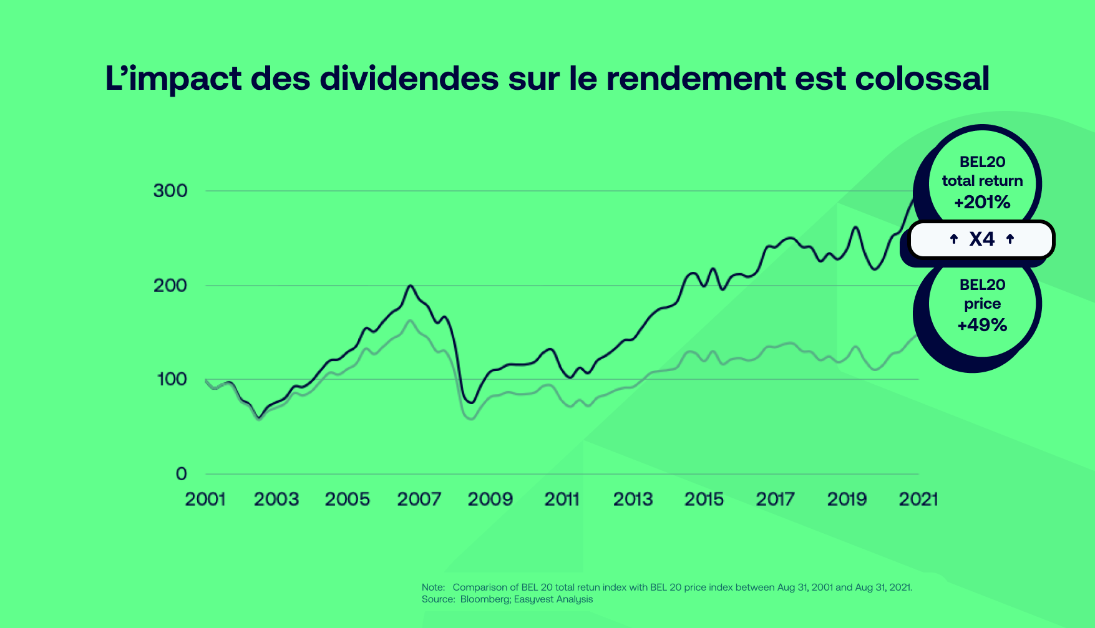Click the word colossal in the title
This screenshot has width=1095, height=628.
pos(922,79)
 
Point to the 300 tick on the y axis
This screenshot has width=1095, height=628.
pos(170,191)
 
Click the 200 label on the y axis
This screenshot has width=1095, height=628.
pos(170,286)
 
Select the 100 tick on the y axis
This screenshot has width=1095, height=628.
pos(172,379)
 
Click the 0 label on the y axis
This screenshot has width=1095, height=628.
pos(182,474)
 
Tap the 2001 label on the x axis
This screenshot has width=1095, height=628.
pos(205,499)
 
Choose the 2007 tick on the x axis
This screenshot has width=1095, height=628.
pos(419,499)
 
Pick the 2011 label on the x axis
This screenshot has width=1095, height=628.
pos(562,499)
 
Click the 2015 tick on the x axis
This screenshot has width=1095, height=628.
pos(704,499)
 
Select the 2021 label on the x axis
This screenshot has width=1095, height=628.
pos(918,499)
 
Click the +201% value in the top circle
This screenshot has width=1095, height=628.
pos(982,202)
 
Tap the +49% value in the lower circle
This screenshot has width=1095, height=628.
pos(982,325)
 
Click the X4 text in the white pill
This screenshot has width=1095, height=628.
pos(982,239)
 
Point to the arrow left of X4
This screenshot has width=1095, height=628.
pos(953,239)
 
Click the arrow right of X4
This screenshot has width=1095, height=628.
pos(1010,239)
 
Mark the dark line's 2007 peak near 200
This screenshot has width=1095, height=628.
pos(410,286)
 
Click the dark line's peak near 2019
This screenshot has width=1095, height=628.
pos(855,227)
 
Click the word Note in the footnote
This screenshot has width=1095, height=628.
pos(432,587)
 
